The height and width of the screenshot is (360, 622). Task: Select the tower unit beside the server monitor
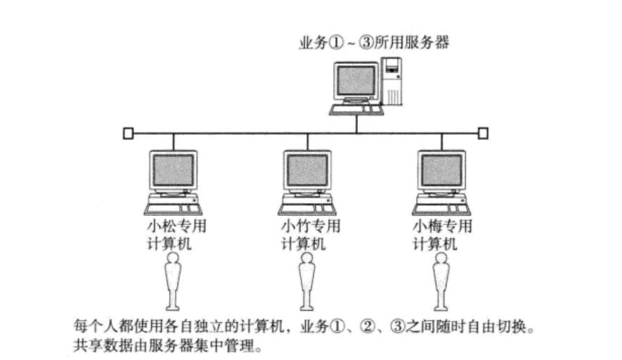click(393, 82)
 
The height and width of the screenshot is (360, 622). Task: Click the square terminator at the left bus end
click(128, 133)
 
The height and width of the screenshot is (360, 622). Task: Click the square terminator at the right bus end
click(483, 133)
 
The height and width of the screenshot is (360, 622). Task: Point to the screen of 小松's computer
click(173, 171)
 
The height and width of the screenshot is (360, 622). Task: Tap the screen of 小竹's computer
click(306, 171)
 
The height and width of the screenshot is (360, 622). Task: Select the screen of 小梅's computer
click(441, 171)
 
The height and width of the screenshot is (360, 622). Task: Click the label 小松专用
click(173, 227)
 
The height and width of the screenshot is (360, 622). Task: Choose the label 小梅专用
click(442, 227)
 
